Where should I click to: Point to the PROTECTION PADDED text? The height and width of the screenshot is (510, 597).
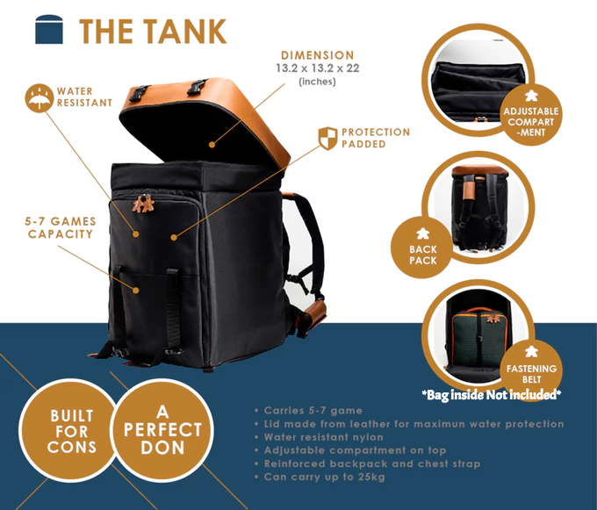(x=376, y=138)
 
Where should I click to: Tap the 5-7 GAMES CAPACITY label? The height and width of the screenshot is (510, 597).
(x=61, y=228)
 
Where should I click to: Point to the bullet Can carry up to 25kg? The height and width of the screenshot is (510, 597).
(x=324, y=477)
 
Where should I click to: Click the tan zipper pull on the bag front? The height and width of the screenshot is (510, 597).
(x=140, y=203)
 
